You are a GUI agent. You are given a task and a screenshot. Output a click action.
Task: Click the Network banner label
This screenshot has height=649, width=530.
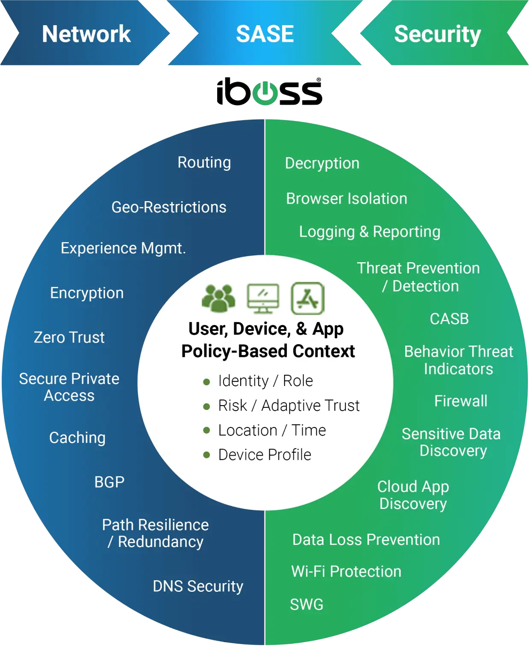tap(86, 34)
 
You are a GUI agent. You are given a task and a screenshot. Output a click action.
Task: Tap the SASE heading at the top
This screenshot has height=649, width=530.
tap(265, 34)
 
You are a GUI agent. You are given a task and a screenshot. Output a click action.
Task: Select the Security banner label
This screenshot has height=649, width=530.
tap(437, 34)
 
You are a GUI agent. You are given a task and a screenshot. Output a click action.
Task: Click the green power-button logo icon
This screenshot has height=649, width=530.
tap(265, 91)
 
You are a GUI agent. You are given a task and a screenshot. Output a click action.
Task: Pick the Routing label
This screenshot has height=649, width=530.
tap(204, 163)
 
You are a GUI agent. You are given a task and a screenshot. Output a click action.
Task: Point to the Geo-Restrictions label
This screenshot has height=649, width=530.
tap(169, 207)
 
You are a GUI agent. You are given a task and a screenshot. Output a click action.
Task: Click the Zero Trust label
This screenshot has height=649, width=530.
tap(69, 337)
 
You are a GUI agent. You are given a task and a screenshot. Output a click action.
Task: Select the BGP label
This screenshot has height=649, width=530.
tap(109, 482)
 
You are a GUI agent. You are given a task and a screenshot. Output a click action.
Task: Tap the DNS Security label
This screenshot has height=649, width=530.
tap(198, 586)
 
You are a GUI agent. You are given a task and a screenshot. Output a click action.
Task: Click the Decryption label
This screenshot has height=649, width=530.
tap(322, 164)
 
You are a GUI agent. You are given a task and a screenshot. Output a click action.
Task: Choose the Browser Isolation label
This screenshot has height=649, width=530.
tap(347, 199)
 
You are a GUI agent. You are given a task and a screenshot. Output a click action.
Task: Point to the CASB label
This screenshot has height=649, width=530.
tap(449, 319)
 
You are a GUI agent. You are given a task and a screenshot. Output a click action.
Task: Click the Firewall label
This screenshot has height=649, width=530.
tap(461, 401)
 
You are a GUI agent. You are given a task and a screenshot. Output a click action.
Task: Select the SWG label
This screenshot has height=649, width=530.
tap(306, 604)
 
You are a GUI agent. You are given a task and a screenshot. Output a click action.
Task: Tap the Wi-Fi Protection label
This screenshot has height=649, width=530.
tap(346, 571)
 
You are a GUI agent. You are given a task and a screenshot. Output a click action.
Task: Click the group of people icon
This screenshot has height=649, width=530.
tap(218, 298)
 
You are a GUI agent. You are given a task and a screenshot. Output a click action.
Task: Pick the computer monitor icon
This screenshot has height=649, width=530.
tap(263, 298)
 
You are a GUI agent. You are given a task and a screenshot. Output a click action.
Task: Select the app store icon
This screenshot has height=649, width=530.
tap(308, 298)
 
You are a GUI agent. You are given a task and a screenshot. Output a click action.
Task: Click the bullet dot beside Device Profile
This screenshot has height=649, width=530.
tap(206, 455)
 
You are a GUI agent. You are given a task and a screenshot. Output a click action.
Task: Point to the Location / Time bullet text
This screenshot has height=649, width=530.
tap(272, 430)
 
